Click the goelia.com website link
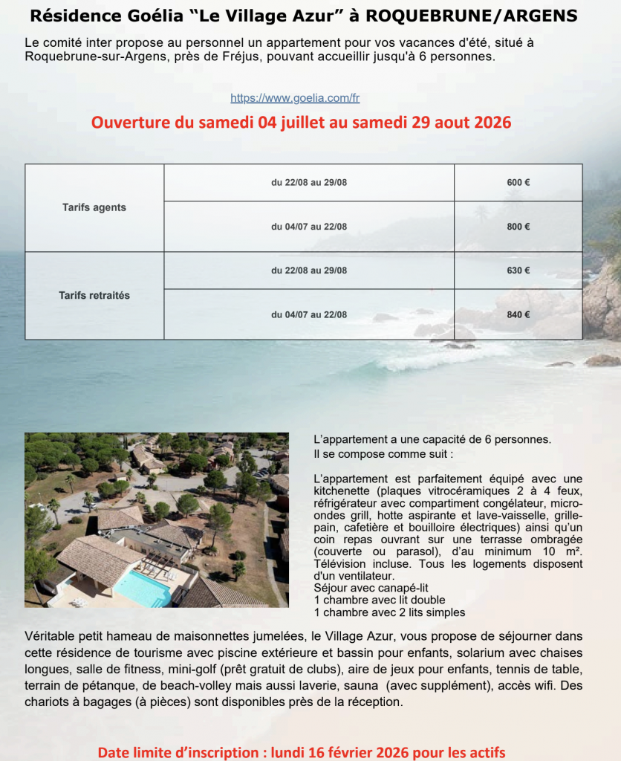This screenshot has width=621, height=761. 295,98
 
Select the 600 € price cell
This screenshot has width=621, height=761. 518,183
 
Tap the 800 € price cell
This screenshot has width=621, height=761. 518,227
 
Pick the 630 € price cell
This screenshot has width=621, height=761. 518,271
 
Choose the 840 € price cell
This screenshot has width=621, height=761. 518,314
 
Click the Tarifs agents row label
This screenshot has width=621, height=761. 94,207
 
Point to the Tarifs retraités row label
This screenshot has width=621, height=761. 94,295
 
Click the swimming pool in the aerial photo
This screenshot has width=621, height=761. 143,588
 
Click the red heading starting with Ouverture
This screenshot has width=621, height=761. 301,123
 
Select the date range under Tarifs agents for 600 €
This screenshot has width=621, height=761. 309,183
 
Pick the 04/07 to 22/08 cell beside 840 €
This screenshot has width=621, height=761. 309,314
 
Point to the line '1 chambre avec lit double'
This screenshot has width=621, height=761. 380,600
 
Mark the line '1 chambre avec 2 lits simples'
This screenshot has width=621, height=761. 389,612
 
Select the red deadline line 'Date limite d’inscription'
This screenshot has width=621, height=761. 302,753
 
